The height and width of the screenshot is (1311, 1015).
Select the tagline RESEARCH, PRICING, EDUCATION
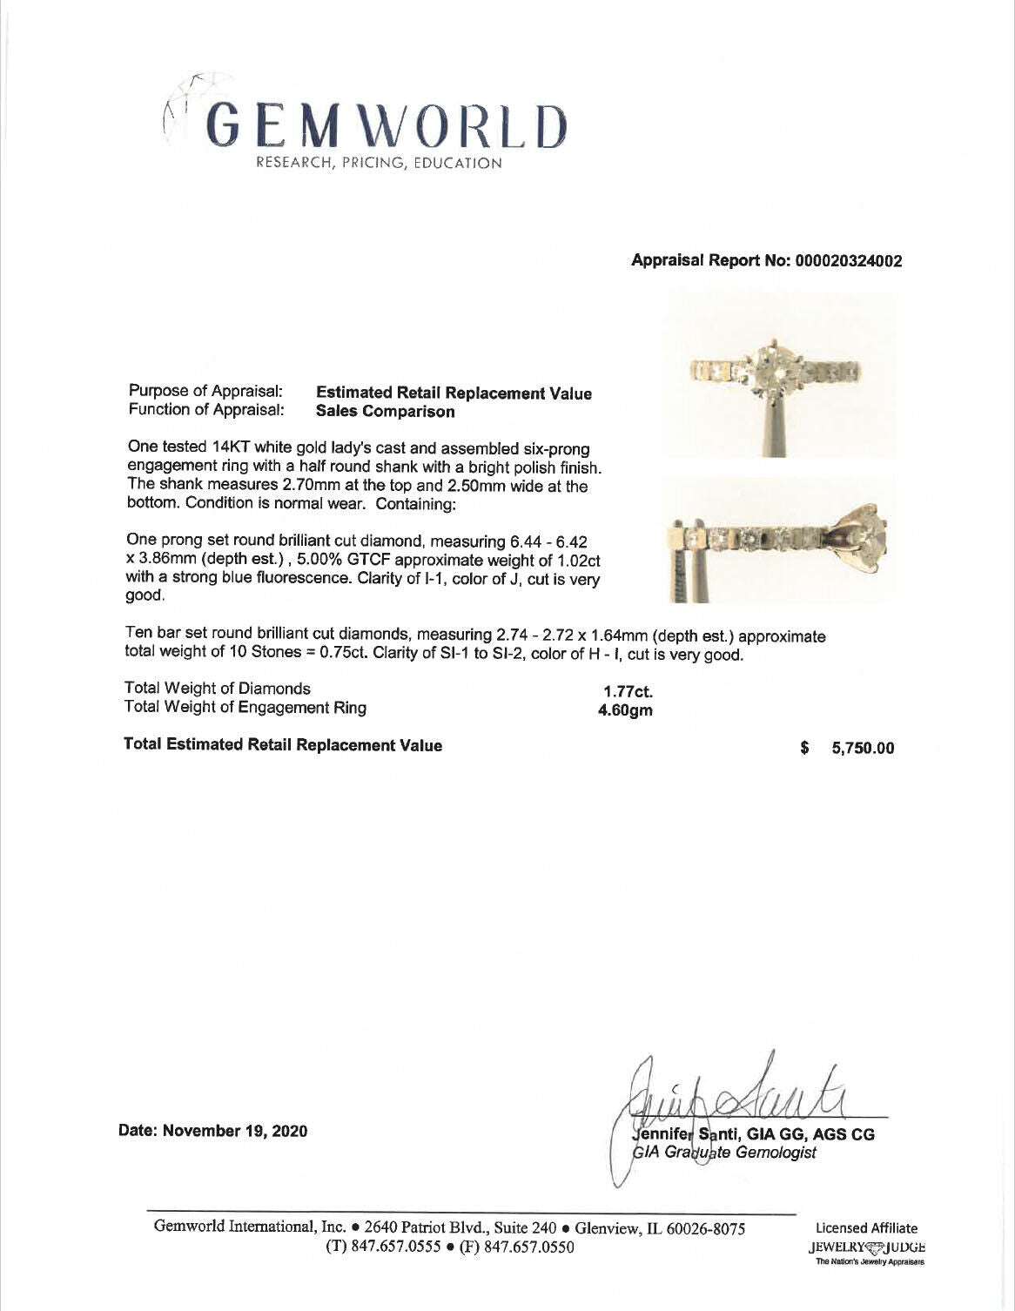pyautogui.click(x=378, y=163)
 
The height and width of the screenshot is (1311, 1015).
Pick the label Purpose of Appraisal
pyautogui.click(x=205, y=392)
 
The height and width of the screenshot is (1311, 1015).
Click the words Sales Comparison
pyautogui.click(x=385, y=412)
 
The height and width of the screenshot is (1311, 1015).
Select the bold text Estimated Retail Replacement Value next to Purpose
pyautogui.click(x=453, y=393)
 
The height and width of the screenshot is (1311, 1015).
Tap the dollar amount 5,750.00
pyautogui.click(x=862, y=749)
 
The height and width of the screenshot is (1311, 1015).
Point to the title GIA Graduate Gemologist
pyautogui.click(x=725, y=1153)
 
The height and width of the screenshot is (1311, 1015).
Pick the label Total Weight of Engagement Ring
pyautogui.click(x=245, y=708)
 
